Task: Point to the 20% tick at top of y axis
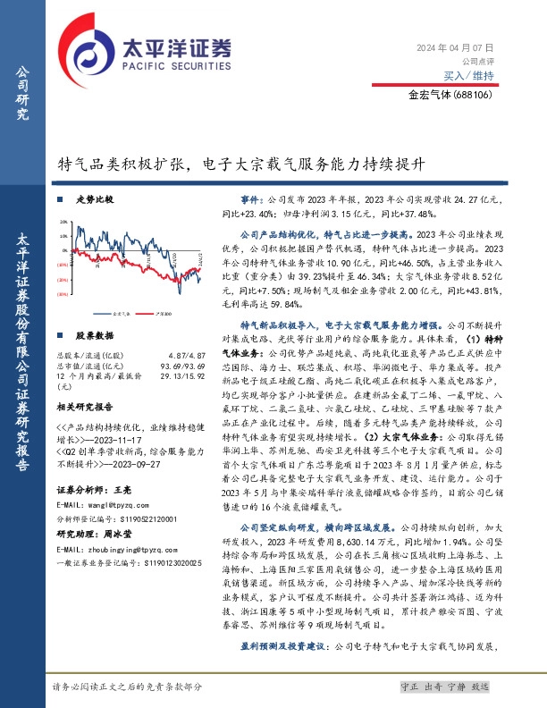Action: point(61,223)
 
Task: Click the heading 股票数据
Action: point(94,336)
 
